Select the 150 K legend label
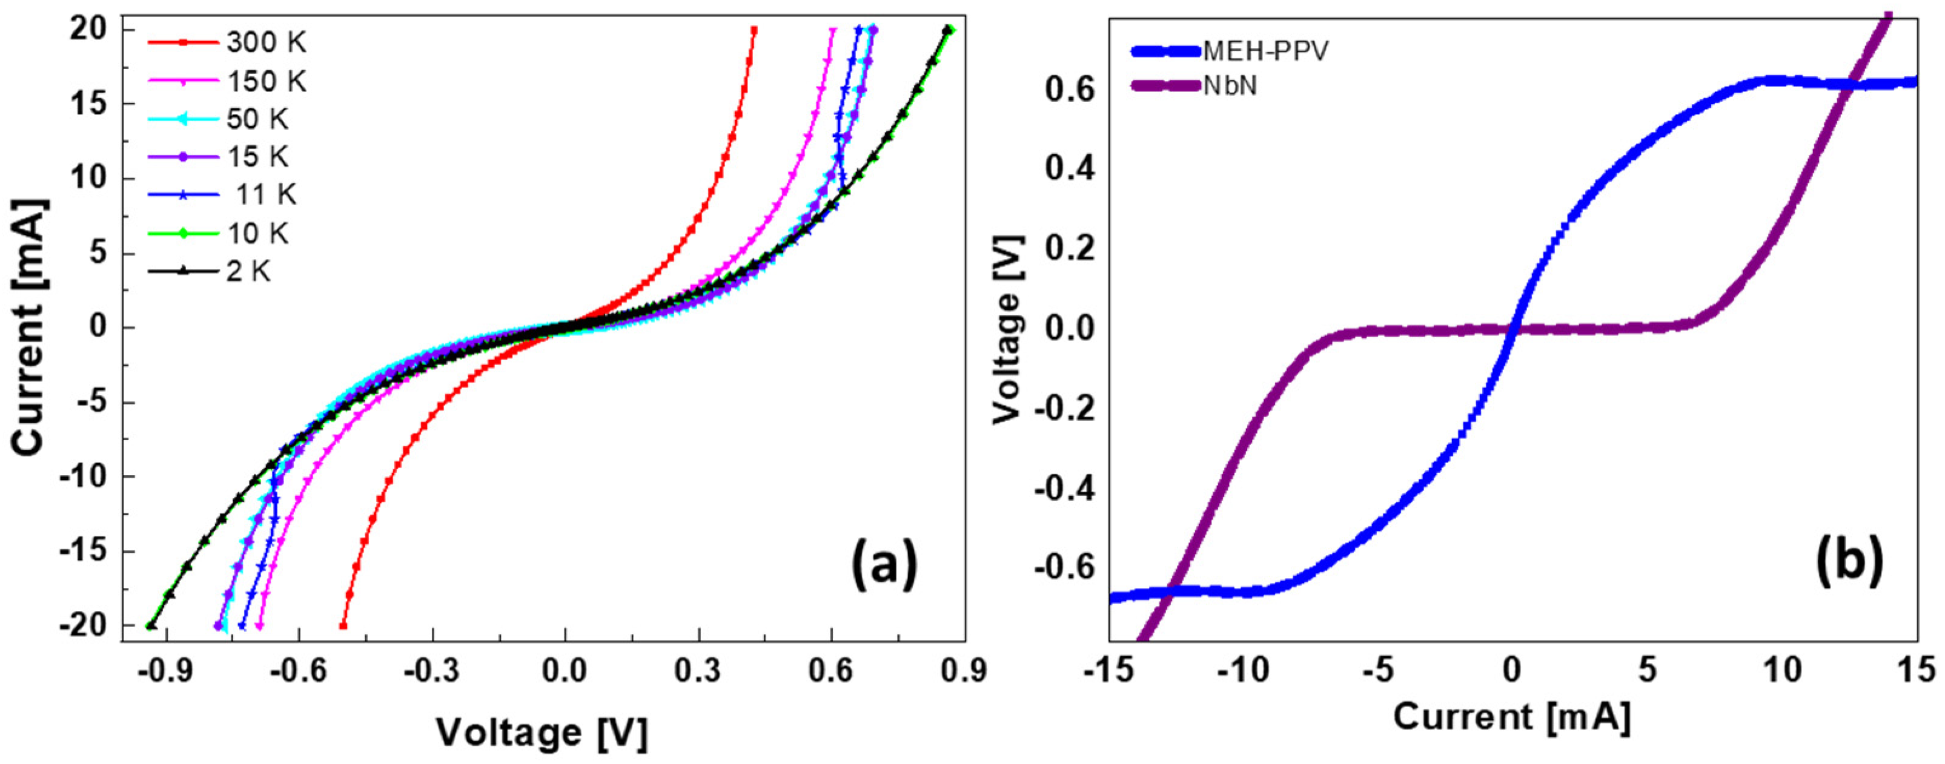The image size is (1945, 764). [266, 82]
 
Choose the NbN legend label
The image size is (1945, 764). [1230, 86]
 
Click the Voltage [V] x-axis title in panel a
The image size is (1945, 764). [542, 733]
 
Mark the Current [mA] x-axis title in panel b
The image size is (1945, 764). [1512, 716]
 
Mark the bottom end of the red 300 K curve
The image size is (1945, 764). [343, 626]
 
